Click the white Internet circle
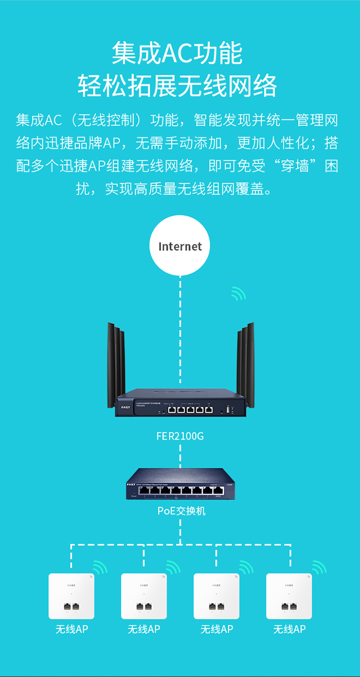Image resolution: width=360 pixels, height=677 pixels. [x=180, y=246]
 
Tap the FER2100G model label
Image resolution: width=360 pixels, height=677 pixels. [x=180, y=436]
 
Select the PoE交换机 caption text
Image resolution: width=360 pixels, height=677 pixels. [x=180, y=512]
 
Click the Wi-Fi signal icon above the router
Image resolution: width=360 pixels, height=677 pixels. [x=238, y=294]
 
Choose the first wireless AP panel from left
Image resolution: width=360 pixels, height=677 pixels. [x=71, y=596]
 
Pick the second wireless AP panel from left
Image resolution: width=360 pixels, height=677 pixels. [x=144, y=596]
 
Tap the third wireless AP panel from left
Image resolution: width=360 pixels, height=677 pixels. [x=217, y=596]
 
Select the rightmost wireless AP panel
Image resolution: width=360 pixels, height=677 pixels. [x=289, y=596]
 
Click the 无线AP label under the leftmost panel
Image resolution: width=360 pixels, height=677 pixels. [x=71, y=629]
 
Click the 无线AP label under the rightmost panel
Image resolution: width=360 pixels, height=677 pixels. [x=289, y=629]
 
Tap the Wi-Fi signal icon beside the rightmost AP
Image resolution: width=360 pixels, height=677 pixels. [x=319, y=567]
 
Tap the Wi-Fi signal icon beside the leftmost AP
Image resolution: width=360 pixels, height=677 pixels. [x=100, y=567]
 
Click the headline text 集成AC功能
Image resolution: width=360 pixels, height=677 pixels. [x=177, y=53]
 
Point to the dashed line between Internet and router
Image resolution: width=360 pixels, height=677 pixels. [x=180, y=298]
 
